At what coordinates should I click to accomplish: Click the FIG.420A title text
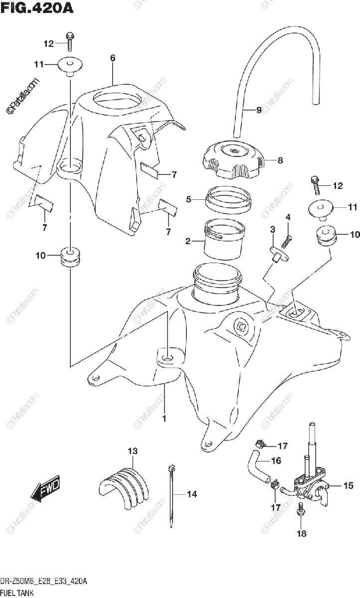point(37,8)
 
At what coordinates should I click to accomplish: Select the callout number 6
point(113,58)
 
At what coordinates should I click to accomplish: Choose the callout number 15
point(334,485)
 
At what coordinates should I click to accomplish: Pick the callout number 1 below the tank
point(165,419)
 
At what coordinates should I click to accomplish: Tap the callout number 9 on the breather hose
point(259,110)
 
